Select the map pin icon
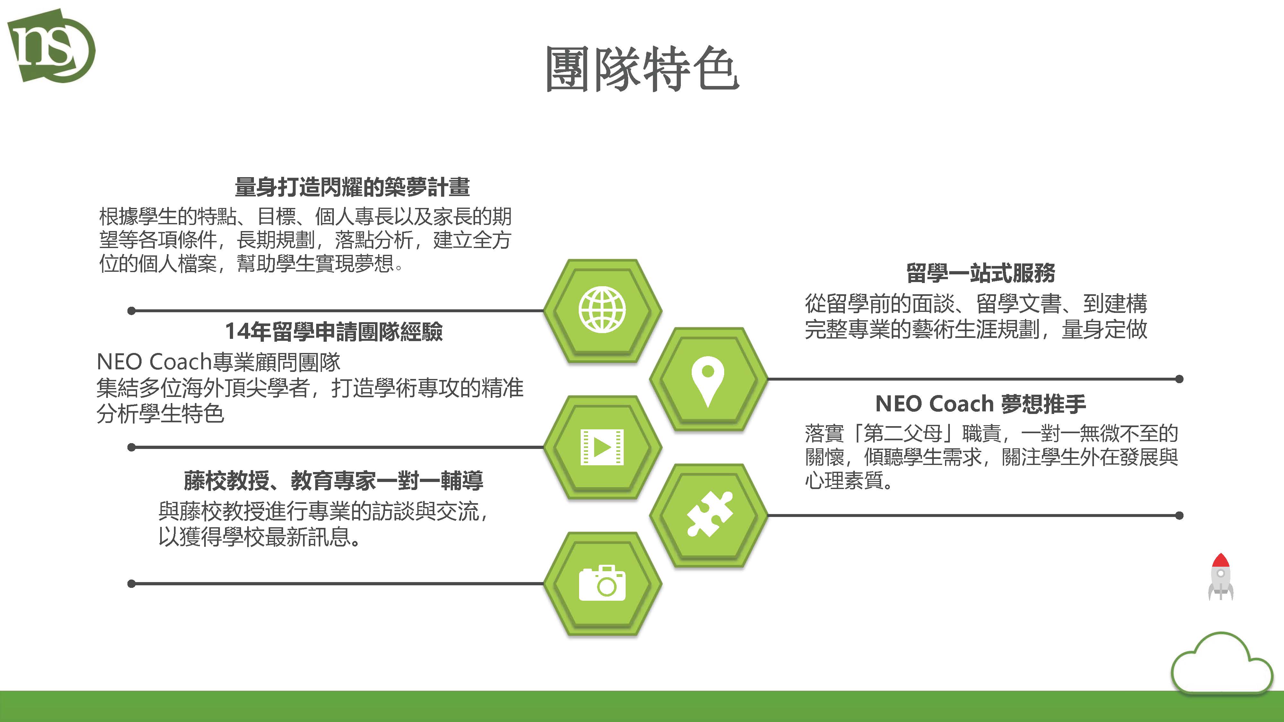708,381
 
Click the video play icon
602,447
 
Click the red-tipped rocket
1221,577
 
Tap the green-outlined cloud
1222,663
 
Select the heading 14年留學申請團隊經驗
334,331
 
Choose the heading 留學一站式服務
980,272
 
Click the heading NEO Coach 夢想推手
980,404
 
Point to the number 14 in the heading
237,331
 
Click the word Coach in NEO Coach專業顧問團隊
180,362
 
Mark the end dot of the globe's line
132,311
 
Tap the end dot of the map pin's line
1179,379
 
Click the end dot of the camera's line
132,583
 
